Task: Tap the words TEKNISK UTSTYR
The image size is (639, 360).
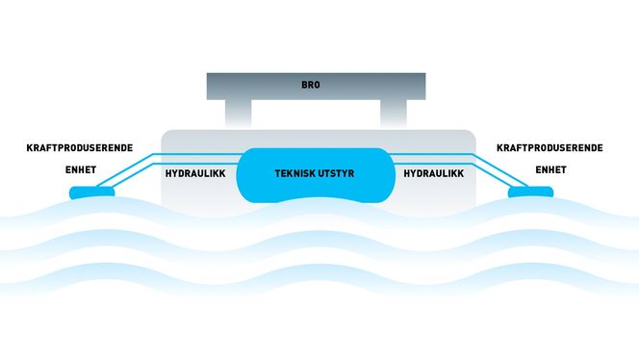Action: (x=319, y=173)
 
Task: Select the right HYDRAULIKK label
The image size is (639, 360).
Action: (x=433, y=173)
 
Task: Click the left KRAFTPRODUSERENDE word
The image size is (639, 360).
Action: (x=79, y=148)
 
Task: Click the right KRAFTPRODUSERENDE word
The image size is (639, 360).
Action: (x=550, y=148)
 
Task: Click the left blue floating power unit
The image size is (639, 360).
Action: (x=91, y=193)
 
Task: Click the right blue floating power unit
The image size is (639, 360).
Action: (x=531, y=192)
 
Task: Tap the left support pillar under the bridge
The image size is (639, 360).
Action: (x=240, y=114)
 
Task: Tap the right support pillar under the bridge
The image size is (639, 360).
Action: (x=393, y=114)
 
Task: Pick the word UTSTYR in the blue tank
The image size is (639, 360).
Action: (x=343, y=173)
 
